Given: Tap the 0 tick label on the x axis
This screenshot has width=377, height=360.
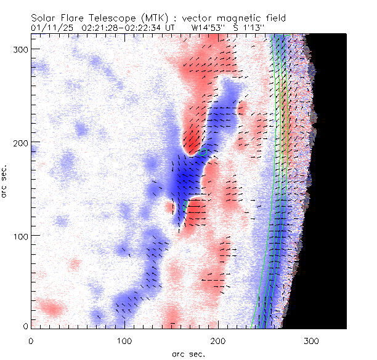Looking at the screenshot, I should [31, 340].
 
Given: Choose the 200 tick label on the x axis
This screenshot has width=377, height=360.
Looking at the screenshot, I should [218, 340].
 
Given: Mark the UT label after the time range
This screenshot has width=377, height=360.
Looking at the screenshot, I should [162, 28].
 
